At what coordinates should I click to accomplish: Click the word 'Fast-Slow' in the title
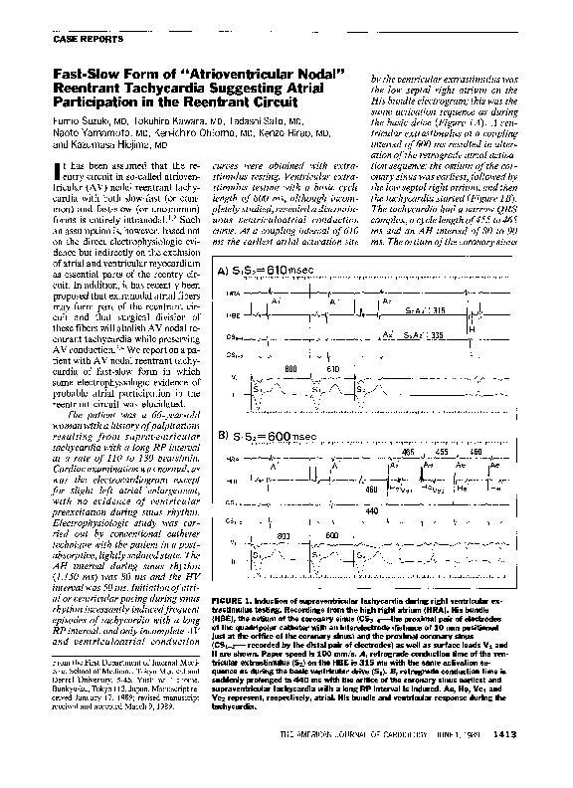click(x=75, y=75)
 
